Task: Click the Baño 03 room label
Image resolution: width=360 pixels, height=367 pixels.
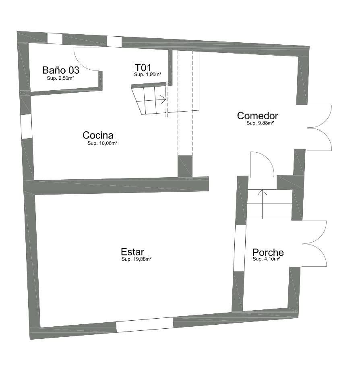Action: [x=61, y=70]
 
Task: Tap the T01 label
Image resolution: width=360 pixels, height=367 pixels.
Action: [x=143, y=68]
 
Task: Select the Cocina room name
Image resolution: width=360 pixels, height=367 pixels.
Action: [x=98, y=135]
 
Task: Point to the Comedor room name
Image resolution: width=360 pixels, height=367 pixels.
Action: [x=258, y=116]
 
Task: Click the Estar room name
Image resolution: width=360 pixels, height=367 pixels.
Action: [x=132, y=252]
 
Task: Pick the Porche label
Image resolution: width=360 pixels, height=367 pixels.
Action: [x=268, y=252]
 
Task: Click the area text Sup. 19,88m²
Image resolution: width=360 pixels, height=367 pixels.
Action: [x=137, y=259]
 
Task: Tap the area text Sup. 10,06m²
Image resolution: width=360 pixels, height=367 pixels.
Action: [x=102, y=143]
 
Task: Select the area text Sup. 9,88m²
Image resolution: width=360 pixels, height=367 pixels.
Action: [x=260, y=123]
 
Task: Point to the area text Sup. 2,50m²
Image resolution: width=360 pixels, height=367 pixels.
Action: [x=60, y=78]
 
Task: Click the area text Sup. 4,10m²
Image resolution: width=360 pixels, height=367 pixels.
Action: [x=266, y=259]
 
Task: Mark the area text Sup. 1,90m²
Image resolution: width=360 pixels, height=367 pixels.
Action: [x=148, y=75]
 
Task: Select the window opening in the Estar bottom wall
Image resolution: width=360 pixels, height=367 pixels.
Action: [x=145, y=325]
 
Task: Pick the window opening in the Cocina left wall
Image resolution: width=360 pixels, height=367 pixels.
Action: [x=27, y=126]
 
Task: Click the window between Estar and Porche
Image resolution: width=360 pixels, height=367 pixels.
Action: [x=240, y=248]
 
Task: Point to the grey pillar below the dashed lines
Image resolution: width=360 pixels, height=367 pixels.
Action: [x=185, y=166]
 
